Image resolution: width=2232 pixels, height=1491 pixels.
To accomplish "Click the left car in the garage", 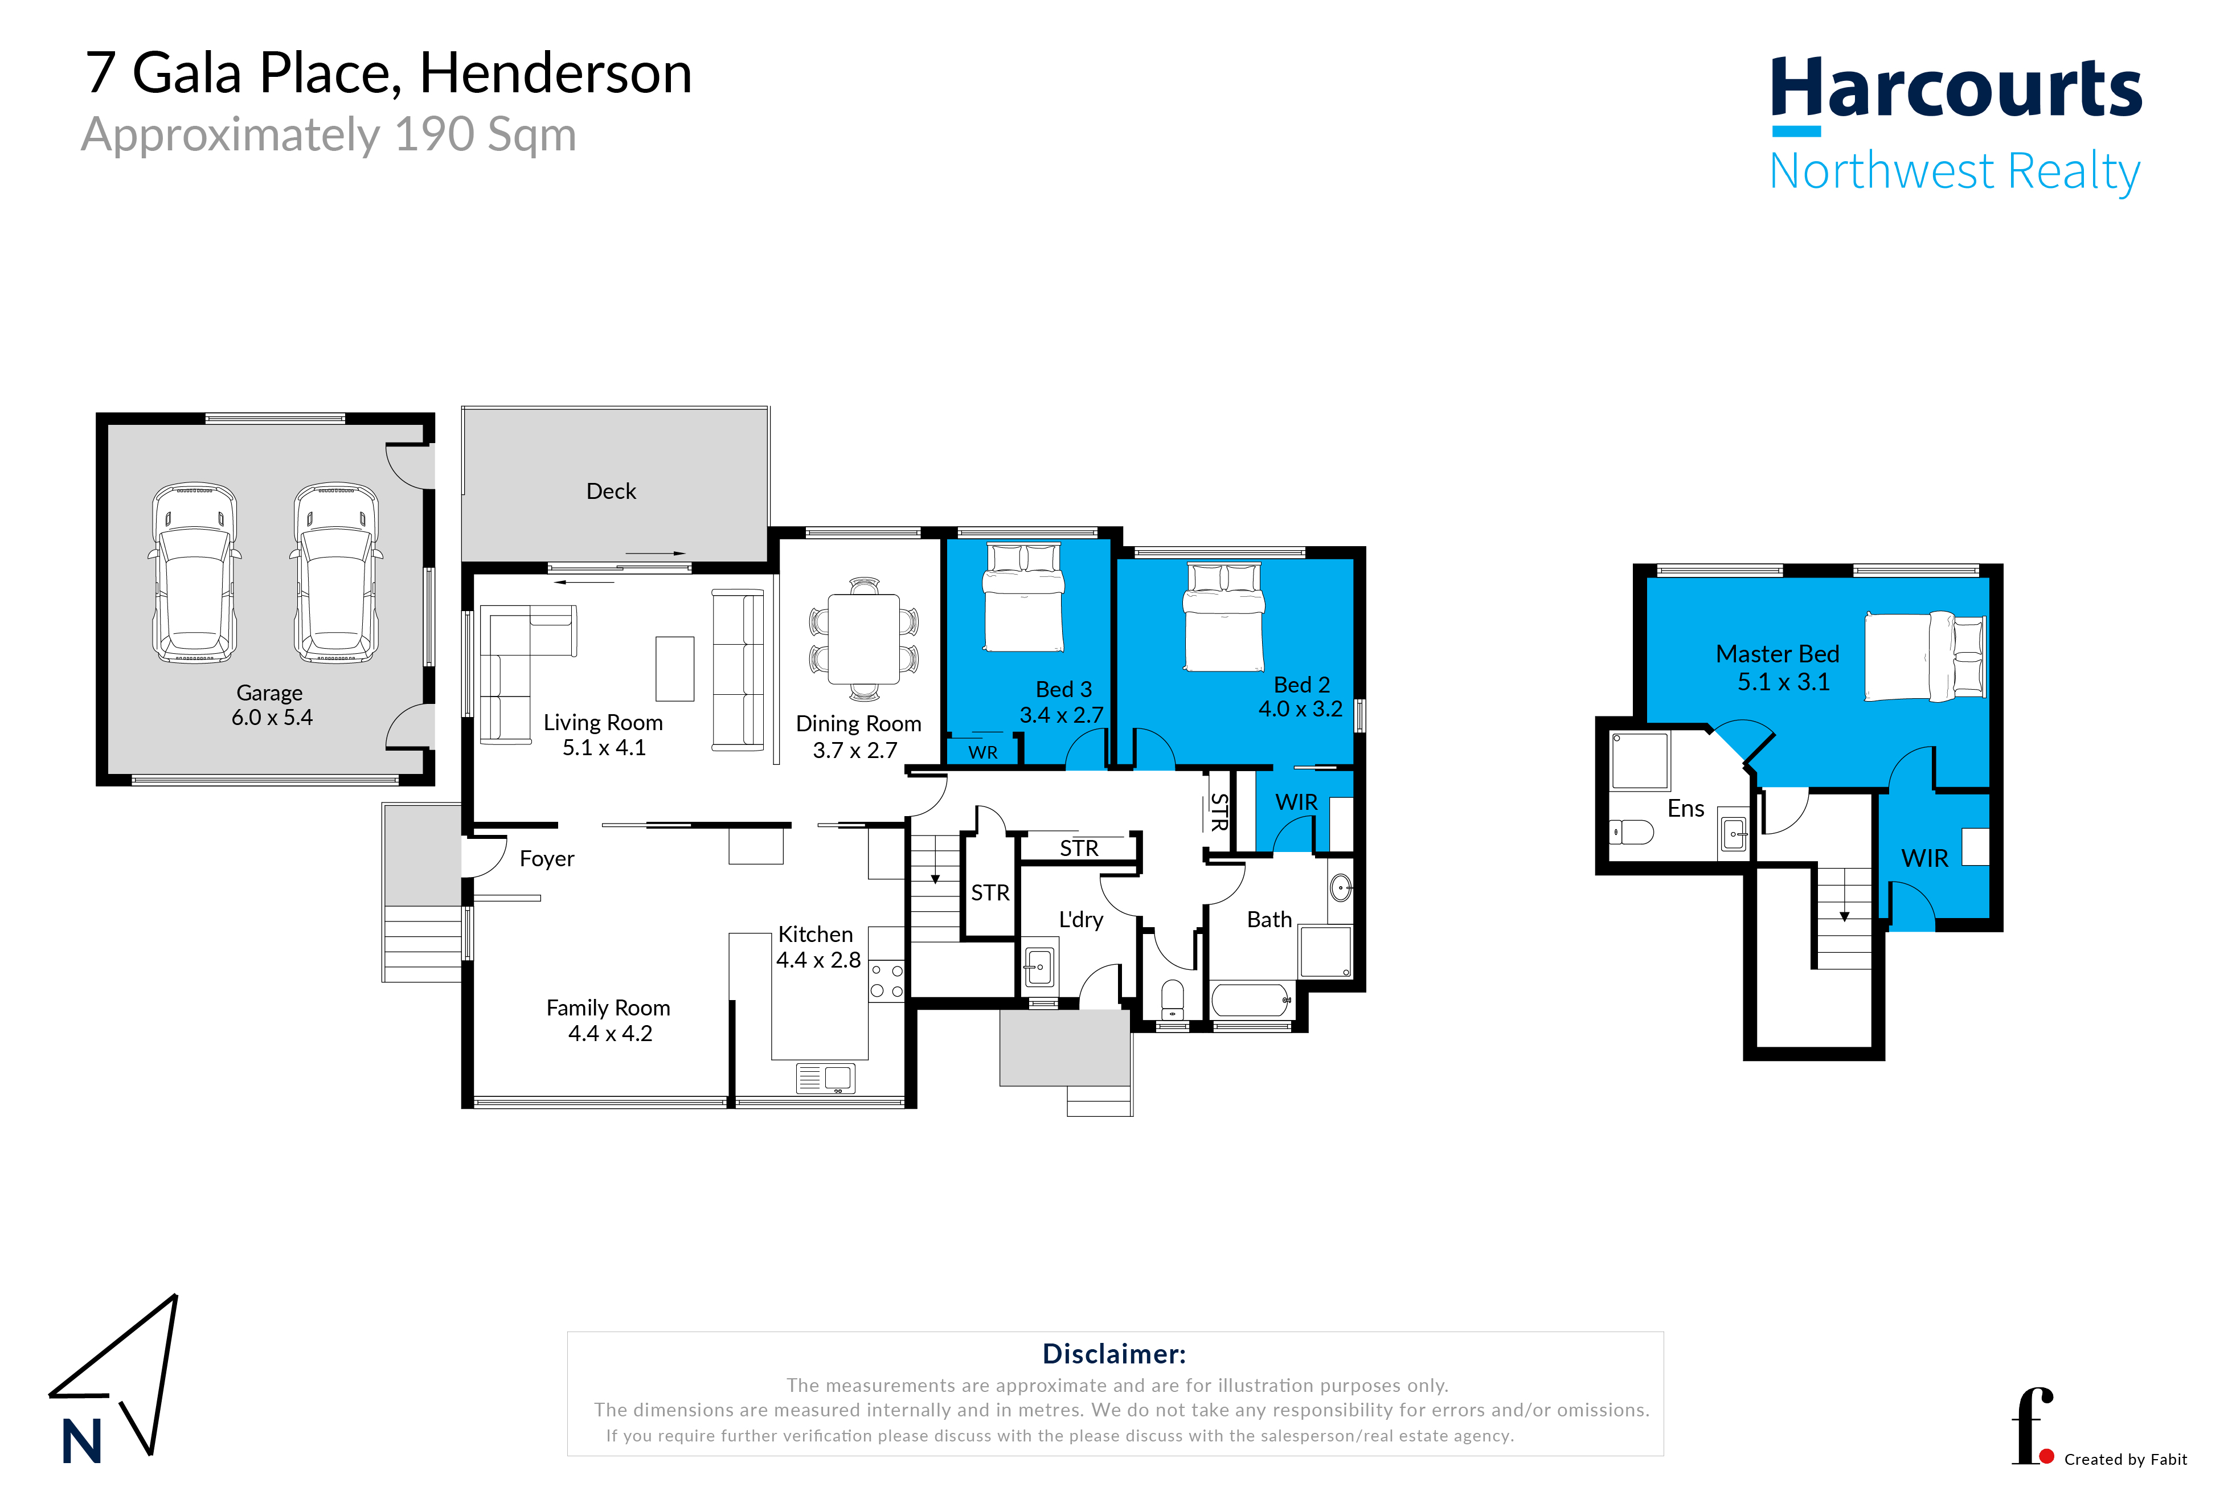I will coord(195,572).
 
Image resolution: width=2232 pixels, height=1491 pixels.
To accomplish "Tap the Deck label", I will coord(611,491).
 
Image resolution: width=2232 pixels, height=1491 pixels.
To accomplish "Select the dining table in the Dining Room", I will coord(863,638).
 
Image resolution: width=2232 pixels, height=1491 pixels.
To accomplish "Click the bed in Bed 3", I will coord(1023,597).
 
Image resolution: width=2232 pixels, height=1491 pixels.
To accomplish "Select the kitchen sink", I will coord(825,1078).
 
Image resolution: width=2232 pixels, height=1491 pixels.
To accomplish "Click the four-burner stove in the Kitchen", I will coord(886,980).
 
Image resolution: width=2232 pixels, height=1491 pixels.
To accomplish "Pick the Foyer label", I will coord(547,859).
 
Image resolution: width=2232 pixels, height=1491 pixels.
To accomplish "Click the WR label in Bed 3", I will coord(982,752).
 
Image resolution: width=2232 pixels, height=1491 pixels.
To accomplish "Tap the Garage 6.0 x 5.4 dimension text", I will coord(272,717).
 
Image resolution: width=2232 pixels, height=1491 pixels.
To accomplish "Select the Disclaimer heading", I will coord(1113,1353).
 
